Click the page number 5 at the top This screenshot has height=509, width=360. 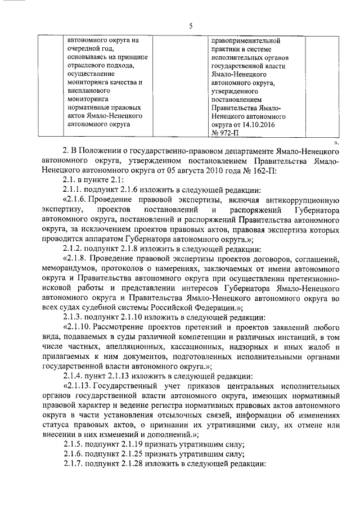coord(191,25)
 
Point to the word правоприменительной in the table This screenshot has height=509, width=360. coord(246,40)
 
